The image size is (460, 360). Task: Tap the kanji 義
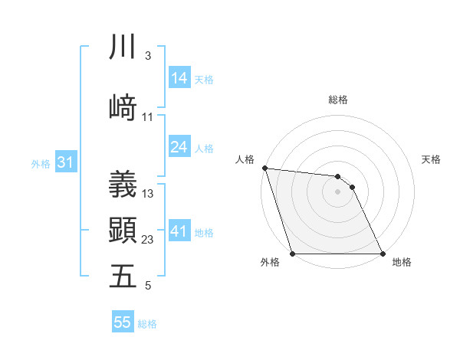point(123,184)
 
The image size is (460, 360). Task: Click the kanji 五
point(123,276)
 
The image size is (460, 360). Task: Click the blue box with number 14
point(179,78)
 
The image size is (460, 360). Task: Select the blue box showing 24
point(179,148)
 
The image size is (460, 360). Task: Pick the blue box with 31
point(65,163)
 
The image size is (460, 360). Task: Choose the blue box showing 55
point(123,322)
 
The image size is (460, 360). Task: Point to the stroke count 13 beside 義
point(148,194)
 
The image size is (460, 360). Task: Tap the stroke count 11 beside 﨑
point(148,117)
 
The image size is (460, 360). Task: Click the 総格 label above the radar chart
point(338,100)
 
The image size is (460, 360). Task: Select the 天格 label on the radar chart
point(431,159)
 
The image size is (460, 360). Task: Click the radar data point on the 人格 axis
point(264,168)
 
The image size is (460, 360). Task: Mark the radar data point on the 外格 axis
point(292,254)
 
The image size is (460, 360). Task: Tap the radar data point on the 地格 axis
point(383,254)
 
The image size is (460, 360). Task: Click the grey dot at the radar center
point(337,191)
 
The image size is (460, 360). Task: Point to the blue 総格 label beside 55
point(148,324)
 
